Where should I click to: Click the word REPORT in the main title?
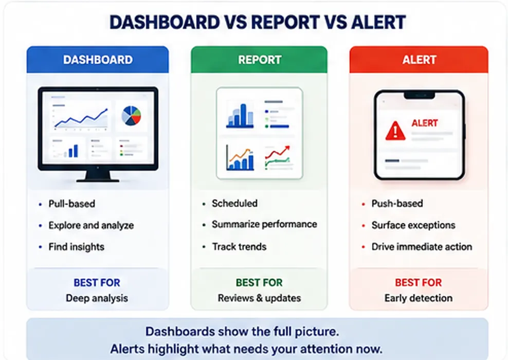click(x=285, y=22)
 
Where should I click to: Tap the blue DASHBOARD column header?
click(x=98, y=60)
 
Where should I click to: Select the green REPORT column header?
click(x=259, y=60)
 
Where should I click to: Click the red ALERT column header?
click(x=419, y=60)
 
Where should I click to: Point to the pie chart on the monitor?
click(x=131, y=116)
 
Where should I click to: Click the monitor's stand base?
click(x=98, y=179)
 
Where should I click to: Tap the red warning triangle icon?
click(x=395, y=131)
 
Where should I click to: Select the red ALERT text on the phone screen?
click(x=424, y=123)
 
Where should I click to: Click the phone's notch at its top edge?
click(x=419, y=96)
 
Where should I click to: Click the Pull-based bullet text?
click(x=71, y=204)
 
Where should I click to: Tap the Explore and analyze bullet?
click(x=91, y=226)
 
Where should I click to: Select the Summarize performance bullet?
click(x=264, y=224)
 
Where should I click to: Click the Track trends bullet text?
click(x=239, y=247)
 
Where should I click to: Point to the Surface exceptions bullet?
click(x=413, y=225)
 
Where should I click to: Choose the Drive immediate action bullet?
click(x=422, y=247)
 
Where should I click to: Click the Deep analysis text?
click(x=97, y=298)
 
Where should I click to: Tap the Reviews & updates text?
click(x=259, y=298)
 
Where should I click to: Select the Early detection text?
click(x=419, y=298)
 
